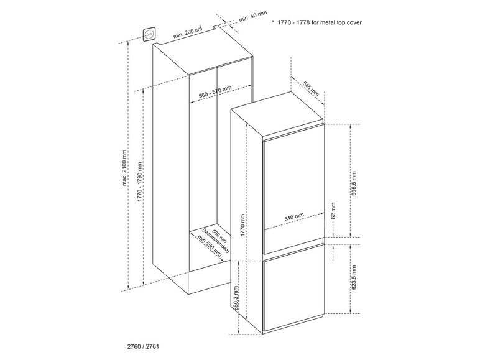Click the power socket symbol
(x=150, y=35)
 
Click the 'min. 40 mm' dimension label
(x=253, y=16)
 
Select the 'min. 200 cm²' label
(x=188, y=31)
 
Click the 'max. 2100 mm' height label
(x=124, y=167)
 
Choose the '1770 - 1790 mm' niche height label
(x=140, y=182)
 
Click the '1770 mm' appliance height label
(x=242, y=224)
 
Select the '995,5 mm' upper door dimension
(x=354, y=183)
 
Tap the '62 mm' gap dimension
(x=333, y=210)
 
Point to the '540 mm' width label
(x=294, y=217)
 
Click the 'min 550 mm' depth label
(x=209, y=246)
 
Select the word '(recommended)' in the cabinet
(x=216, y=241)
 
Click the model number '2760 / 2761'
(x=143, y=346)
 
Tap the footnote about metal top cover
(x=320, y=22)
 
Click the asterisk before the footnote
(x=273, y=21)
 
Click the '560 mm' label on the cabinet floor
(x=220, y=236)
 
